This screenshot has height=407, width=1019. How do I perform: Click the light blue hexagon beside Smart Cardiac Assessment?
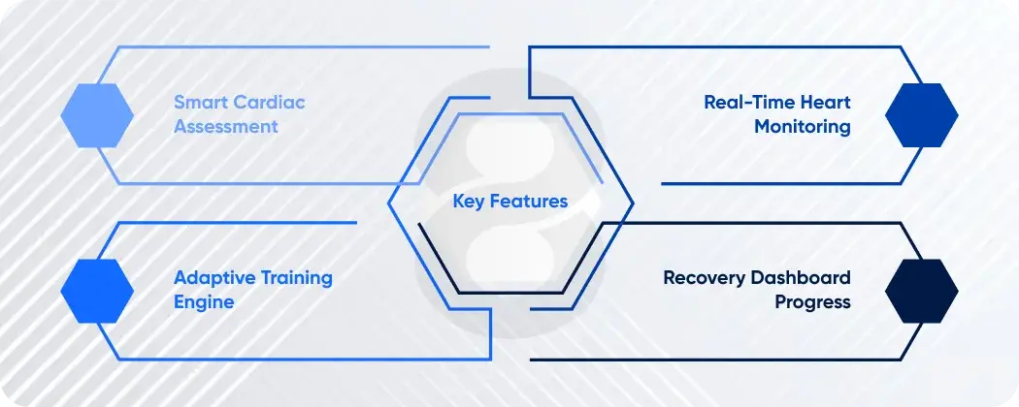pos(97,114)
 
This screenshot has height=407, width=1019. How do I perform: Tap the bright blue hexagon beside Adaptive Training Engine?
pos(97,291)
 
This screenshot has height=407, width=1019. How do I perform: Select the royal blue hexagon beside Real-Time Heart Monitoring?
pos(921,114)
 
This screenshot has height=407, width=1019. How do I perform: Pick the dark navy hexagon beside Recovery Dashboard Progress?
pos(921,291)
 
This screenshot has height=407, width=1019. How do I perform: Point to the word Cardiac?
pos(271,102)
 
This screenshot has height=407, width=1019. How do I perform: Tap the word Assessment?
pos(226,127)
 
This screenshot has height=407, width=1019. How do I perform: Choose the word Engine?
pos(204,302)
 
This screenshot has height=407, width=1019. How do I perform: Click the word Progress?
pos(812,302)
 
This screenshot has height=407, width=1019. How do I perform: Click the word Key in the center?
pos(469,202)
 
